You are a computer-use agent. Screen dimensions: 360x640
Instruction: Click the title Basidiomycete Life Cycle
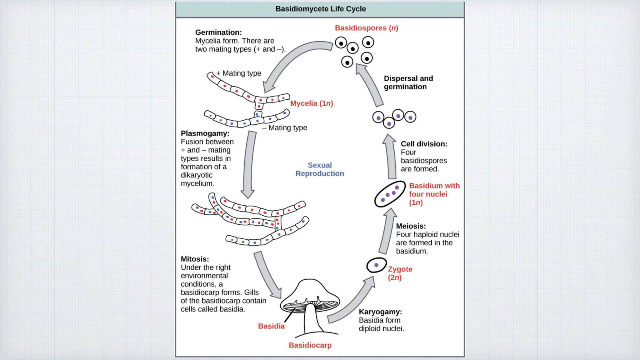pos(320,9)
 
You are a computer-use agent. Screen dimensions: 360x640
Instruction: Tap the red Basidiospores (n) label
pos(366,28)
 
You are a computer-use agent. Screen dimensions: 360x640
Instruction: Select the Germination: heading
pos(218,32)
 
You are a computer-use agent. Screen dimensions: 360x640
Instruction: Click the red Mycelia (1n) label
pos(311,103)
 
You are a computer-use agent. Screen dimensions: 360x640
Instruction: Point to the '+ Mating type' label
pos(239,73)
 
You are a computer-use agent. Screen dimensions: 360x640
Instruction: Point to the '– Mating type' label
pos(285,127)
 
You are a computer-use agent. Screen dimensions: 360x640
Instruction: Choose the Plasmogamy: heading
pos(205,133)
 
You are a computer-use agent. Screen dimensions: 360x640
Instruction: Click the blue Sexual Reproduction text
pos(320,169)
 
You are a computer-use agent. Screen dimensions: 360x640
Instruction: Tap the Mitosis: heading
pos(195,259)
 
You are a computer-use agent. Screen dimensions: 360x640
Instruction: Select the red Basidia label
pos(271,326)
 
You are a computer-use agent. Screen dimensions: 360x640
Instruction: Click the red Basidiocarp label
pos(310,345)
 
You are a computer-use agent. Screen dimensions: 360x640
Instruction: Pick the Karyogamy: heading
pos(380,312)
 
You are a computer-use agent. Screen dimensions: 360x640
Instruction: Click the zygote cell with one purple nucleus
pos(376,265)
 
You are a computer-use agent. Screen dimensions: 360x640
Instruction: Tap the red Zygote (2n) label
pos(400,273)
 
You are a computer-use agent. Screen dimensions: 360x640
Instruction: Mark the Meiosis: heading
pos(411,226)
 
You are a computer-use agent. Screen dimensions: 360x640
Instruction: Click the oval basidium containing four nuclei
pos(390,194)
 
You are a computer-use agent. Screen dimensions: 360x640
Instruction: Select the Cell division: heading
pos(424,144)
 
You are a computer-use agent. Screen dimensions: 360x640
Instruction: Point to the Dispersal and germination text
pos(408,82)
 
